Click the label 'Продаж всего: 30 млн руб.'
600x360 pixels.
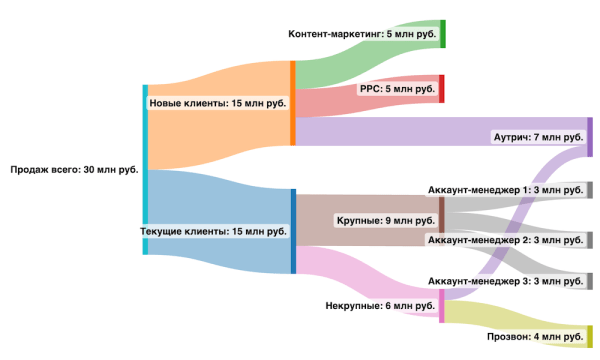tap(74, 170)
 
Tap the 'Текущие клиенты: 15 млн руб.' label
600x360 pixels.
tap(214, 231)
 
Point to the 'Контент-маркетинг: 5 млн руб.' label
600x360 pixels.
tap(362, 34)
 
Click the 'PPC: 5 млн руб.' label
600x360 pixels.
tap(398, 89)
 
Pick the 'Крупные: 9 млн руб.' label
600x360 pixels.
tap(384, 220)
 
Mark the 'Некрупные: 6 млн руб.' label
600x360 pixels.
tap(381, 305)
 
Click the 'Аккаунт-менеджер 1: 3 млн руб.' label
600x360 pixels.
tap(505, 190)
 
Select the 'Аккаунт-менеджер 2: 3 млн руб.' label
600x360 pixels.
tap(505, 240)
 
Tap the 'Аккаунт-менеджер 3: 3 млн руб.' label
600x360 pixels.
tap(505, 281)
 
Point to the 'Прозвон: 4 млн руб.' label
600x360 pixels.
tap(535, 337)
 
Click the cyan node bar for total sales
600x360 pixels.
tap(145, 170)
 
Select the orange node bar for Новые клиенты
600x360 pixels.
tap(292, 103)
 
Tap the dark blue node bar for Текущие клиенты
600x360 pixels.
tap(292, 231)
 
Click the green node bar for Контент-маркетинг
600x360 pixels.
tap(442, 34)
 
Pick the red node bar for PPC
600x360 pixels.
tap(442, 89)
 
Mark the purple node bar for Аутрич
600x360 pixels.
tap(590, 137)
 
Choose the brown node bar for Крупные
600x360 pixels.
tap(441, 215)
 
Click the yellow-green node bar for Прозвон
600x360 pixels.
tap(590, 337)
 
